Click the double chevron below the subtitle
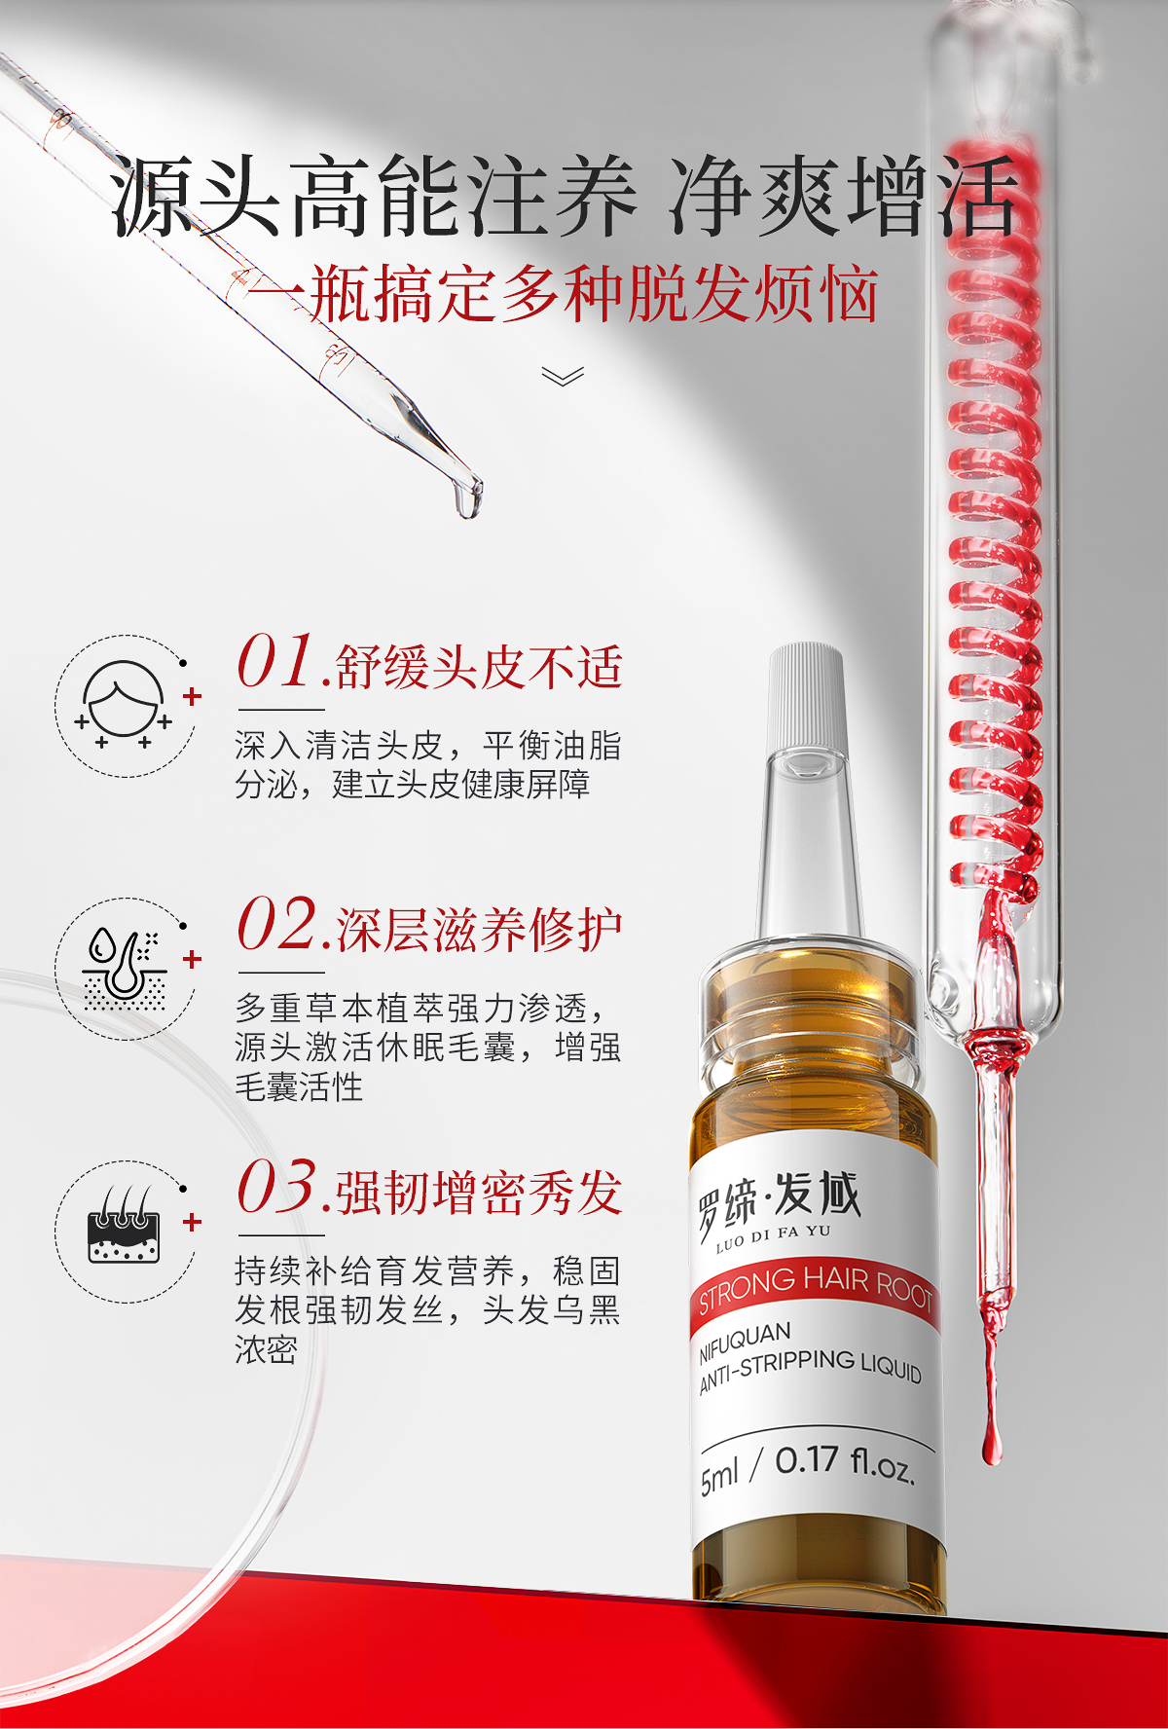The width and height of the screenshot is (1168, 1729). [563, 376]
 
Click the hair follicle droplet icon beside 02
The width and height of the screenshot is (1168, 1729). [124, 968]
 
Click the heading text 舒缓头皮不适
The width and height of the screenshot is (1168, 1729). [479, 668]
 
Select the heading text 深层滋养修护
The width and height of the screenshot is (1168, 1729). [479, 931]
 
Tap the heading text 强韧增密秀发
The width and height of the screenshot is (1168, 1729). [479, 1194]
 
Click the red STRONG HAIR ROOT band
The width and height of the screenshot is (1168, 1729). [816, 1291]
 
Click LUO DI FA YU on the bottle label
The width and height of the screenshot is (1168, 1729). [774, 1237]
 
